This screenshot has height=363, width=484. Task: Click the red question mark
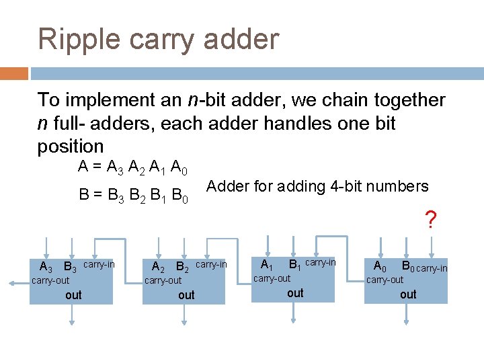[x=431, y=219]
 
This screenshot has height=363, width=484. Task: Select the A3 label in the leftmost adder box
[x=46, y=268]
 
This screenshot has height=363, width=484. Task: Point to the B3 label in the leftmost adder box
[x=70, y=268]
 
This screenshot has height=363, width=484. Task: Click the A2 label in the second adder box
[x=159, y=268]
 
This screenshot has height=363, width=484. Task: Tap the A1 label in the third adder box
[x=267, y=265]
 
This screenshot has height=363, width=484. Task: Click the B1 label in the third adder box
[x=294, y=265]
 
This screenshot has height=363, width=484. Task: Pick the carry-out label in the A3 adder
[x=50, y=280]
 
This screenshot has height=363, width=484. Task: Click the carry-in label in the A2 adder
[x=211, y=265]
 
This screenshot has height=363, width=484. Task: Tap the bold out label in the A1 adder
[x=295, y=293]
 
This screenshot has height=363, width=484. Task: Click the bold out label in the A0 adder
[x=408, y=294]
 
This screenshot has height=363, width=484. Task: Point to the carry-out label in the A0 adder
[x=385, y=280]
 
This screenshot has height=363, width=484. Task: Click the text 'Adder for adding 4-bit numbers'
[x=317, y=186]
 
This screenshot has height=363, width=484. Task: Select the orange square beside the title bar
[x=14, y=73]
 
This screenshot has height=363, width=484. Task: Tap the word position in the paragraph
[x=71, y=146]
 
